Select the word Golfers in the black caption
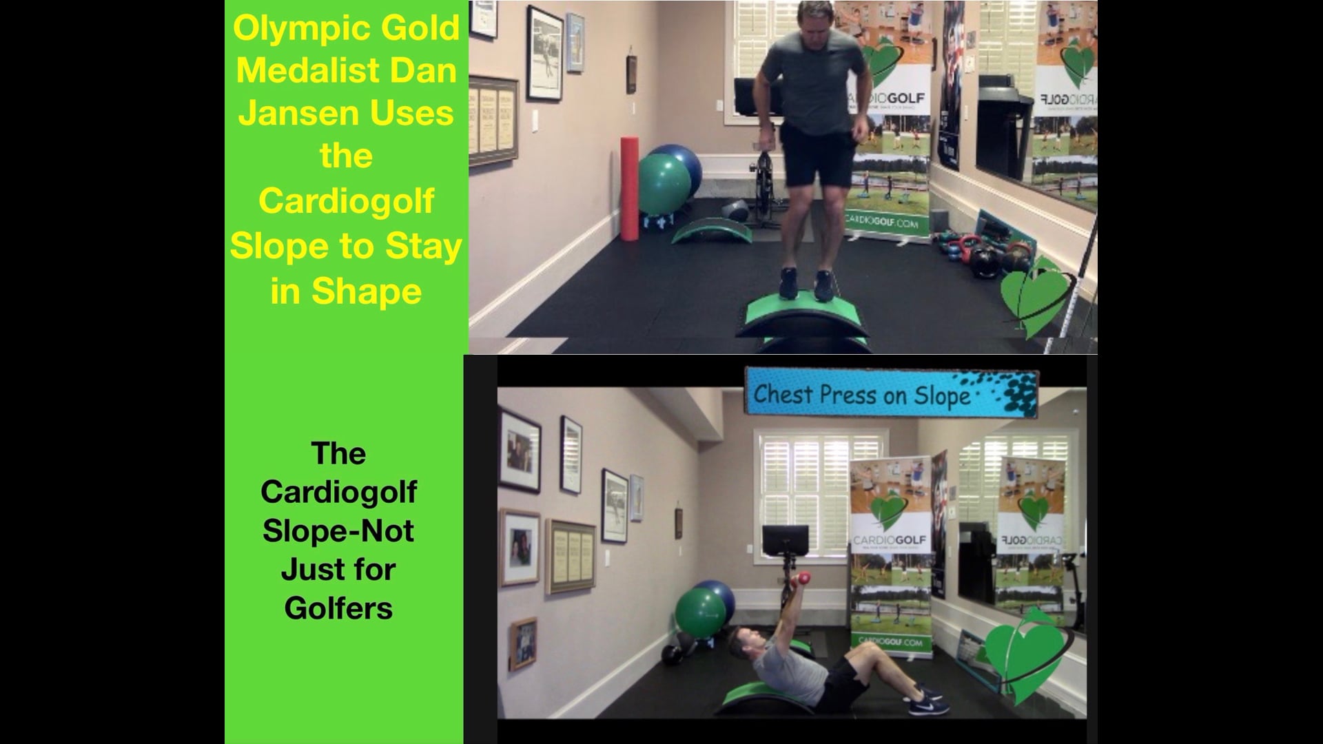tap(338, 608)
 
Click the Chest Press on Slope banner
tap(891, 394)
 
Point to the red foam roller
tap(628, 189)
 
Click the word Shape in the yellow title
tap(366, 291)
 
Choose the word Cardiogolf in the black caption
tap(338, 492)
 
